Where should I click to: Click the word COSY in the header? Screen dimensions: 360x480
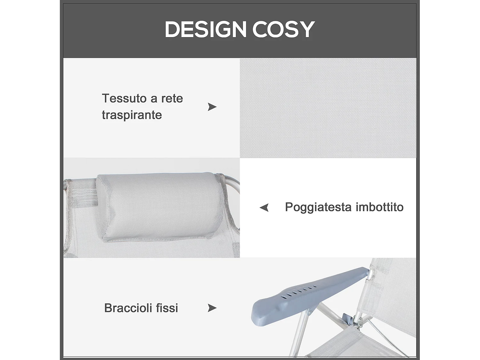point(283,29)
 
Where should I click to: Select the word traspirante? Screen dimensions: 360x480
point(132,115)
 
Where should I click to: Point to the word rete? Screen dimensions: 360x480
point(172,98)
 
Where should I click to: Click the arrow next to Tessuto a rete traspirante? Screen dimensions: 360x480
point(212,107)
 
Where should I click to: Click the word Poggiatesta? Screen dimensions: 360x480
point(318,207)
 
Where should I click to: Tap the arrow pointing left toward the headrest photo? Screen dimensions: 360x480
point(264,207)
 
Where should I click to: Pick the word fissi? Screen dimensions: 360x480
point(167,308)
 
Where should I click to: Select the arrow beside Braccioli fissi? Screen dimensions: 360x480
point(212,308)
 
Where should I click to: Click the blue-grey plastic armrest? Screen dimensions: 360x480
point(307,294)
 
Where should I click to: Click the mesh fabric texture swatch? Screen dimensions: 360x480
point(328,108)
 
